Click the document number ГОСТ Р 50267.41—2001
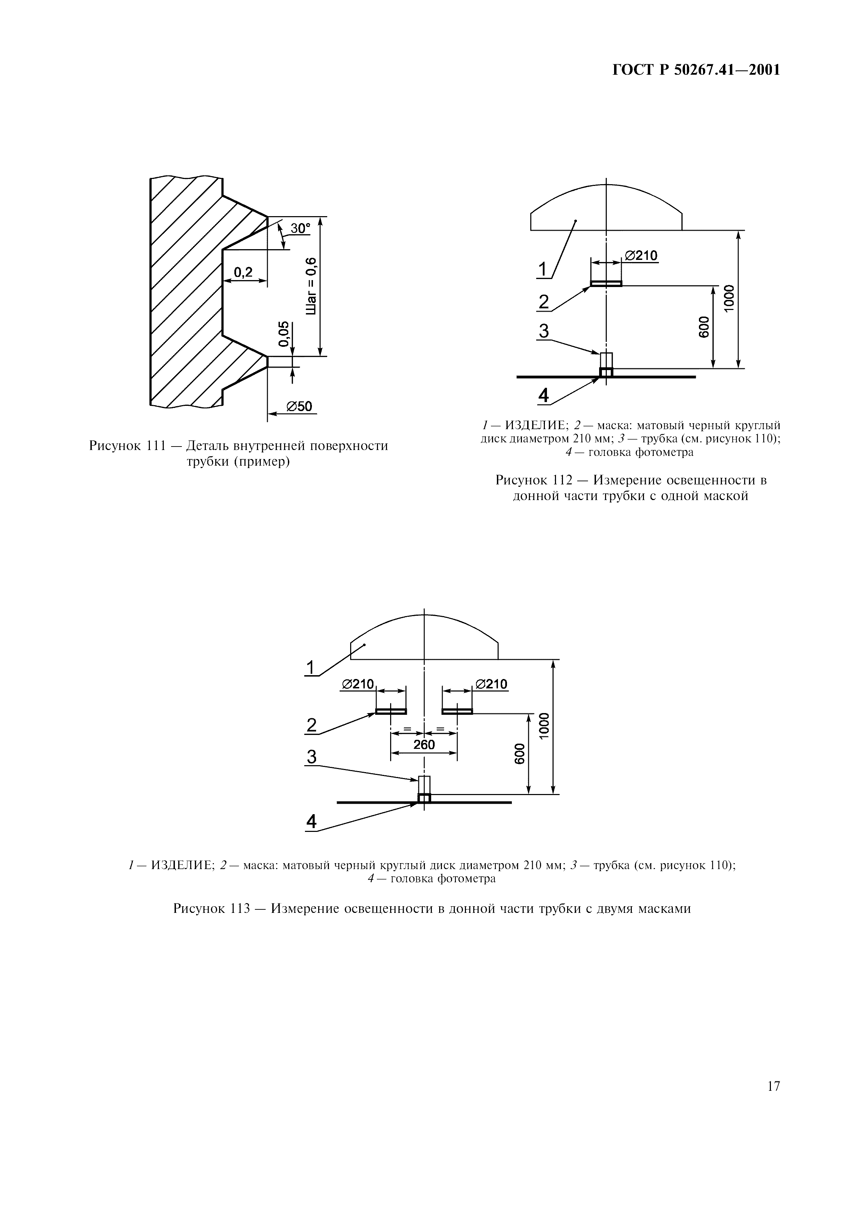[x=696, y=70]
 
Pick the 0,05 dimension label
[x=285, y=334]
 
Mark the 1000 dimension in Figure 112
[x=729, y=298]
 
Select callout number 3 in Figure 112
[x=543, y=331]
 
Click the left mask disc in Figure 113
[x=391, y=711]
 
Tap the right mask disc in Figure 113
[x=457, y=711]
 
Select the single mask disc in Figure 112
[x=606, y=284]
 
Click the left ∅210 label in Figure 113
[x=357, y=684]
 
